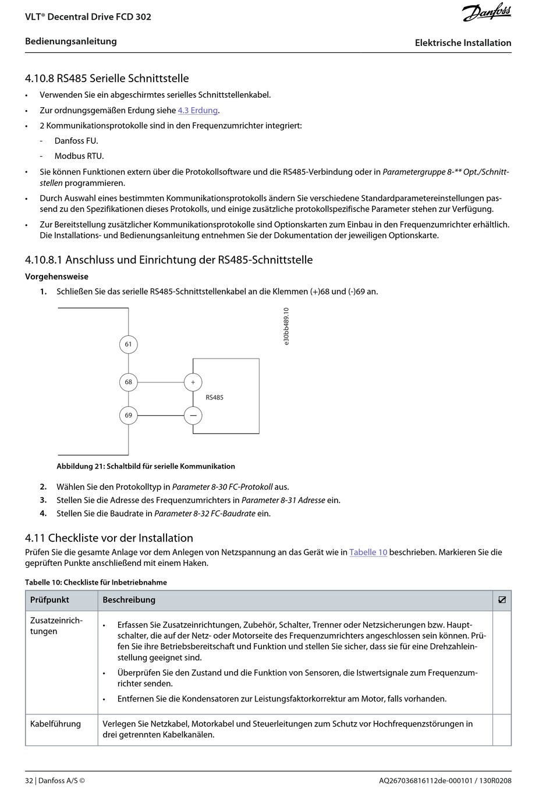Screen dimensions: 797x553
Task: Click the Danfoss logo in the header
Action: pos(487,13)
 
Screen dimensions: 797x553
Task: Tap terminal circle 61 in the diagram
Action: pos(128,344)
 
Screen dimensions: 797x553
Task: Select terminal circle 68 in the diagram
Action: pos(128,382)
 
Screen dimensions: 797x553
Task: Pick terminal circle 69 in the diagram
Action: pos(128,415)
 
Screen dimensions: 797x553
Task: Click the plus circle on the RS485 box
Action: pos(193,382)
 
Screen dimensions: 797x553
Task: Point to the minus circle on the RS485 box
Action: pos(193,415)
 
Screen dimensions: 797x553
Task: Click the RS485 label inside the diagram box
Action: pos(214,398)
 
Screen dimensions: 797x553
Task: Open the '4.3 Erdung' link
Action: pos(197,110)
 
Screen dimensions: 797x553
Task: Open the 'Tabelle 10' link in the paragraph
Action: pos(368,552)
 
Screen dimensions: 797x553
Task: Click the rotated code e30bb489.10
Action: pos(286,327)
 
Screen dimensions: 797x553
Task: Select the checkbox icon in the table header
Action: pos(502,600)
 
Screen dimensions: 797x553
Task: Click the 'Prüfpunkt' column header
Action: pos(49,600)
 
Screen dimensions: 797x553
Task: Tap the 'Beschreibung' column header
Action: pos(129,600)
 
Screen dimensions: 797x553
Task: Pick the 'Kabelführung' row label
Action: pos(55,724)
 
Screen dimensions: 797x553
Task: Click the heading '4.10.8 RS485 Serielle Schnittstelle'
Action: pos(107,78)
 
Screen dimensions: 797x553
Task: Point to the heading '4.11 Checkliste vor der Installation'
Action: pos(109,538)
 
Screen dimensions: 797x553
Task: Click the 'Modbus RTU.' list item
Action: pos(79,156)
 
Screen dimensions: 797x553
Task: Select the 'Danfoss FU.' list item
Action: pos(76,141)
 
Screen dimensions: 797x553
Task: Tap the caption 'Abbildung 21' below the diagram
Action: pos(146,466)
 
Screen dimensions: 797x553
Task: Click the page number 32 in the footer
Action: pos(29,781)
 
